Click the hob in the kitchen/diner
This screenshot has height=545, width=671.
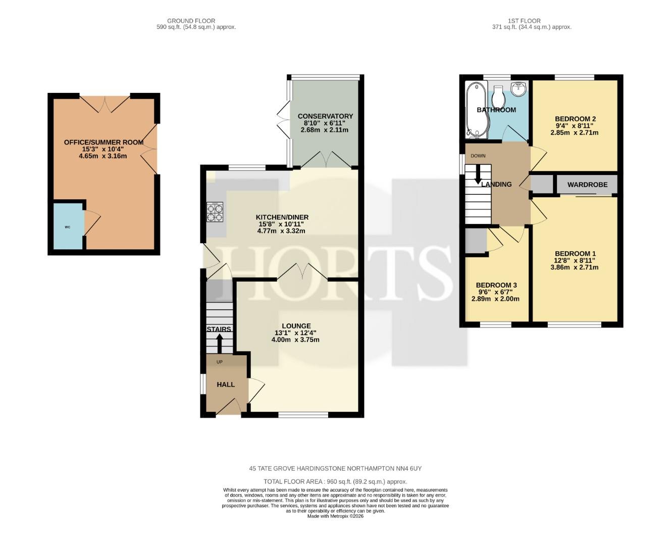tap(215, 212)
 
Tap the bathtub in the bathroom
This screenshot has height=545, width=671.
tap(477, 110)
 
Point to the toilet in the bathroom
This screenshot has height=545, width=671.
tap(498, 97)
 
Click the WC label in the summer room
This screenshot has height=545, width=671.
tap(68, 227)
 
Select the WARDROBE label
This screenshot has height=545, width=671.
tap(587, 185)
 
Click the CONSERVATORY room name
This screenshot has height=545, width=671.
tap(325, 116)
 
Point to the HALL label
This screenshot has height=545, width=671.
tap(226, 385)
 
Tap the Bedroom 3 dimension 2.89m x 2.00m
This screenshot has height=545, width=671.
tap(495, 299)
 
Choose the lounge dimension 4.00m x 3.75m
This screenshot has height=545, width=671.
tap(295, 340)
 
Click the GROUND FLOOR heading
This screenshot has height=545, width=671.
tap(191, 21)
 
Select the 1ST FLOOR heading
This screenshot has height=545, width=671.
tap(524, 21)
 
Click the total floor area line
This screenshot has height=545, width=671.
tap(335, 481)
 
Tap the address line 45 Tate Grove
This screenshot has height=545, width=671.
tap(335, 468)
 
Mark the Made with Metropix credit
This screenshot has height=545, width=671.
tap(335, 516)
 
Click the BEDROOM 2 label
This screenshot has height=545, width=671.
tap(575, 119)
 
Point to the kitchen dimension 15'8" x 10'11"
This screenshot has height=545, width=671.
tap(281, 224)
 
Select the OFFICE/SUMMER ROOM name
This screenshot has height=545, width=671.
tap(104, 142)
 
